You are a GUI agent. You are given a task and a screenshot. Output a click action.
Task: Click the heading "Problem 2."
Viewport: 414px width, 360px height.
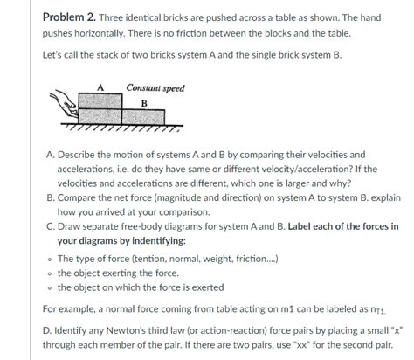click(69, 17)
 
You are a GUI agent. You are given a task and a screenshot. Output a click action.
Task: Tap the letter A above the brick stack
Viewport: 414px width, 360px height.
click(100, 87)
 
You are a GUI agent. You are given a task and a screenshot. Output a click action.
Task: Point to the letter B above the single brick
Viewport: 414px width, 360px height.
click(144, 103)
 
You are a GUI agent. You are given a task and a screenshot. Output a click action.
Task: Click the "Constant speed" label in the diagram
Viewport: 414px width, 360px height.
click(155, 88)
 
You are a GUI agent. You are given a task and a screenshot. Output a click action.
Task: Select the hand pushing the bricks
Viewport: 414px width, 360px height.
click(65, 105)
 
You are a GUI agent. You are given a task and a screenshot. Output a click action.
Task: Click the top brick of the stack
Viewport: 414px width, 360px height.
click(100, 101)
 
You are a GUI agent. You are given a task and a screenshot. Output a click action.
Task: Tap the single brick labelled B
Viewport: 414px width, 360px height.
click(143, 117)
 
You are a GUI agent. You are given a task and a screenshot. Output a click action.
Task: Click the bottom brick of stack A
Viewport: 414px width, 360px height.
click(100, 116)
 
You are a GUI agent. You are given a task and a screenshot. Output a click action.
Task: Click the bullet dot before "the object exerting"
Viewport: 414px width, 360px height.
click(51, 273)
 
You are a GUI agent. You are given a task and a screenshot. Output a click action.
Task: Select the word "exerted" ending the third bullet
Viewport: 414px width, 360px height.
click(208, 287)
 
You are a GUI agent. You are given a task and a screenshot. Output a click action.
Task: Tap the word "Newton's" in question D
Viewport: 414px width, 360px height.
click(123, 330)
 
